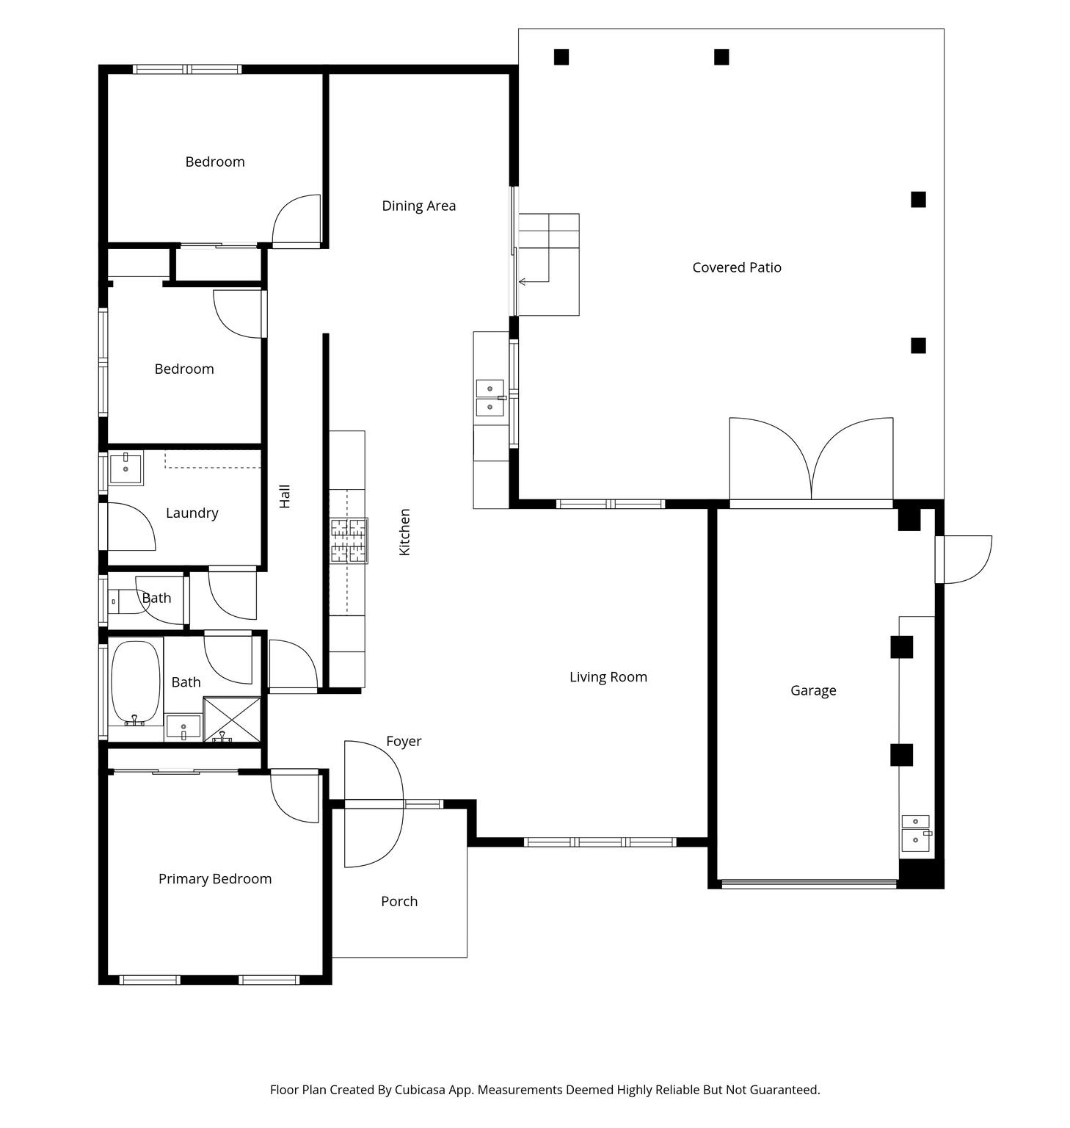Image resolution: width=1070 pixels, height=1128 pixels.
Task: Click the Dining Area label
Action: pyautogui.click(x=418, y=206)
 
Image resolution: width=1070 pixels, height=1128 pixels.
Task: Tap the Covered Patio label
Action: pyautogui.click(x=737, y=267)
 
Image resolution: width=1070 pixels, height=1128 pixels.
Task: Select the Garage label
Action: pyautogui.click(x=813, y=690)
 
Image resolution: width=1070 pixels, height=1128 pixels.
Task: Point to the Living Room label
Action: pyautogui.click(x=608, y=677)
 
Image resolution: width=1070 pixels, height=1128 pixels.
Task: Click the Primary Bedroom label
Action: pyautogui.click(x=215, y=879)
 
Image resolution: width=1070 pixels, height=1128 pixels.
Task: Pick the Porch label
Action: pyautogui.click(x=399, y=901)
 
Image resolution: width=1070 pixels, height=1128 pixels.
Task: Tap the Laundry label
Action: pyautogui.click(x=192, y=513)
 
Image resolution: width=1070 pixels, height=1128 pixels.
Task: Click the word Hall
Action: pyautogui.click(x=285, y=496)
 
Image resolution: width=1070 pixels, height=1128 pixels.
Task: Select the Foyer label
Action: pyautogui.click(x=404, y=742)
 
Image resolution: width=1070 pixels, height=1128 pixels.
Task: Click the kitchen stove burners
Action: pyautogui.click(x=349, y=540)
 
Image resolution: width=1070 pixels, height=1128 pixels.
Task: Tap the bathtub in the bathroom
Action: pyautogui.click(x=136, y=683)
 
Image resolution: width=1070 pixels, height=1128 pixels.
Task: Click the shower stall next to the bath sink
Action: pyautogui.click(x=232, y=720)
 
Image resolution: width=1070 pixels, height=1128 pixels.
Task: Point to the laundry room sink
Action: pyautogui.click(x=126, y=469)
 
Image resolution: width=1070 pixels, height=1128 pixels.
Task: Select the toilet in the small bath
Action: pyautogui.click(x=128, y=602)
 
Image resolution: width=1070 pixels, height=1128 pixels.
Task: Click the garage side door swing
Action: pyautogui.click(x=964, y=560)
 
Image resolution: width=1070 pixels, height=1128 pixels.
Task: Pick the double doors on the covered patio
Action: pyautogui.click(x=811, y=461)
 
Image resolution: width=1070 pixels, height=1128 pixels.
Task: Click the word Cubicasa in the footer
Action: pyautogui.click(x=422, y=1090)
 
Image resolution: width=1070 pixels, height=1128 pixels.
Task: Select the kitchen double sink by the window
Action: pyautogui.click(x=490, y=398)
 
